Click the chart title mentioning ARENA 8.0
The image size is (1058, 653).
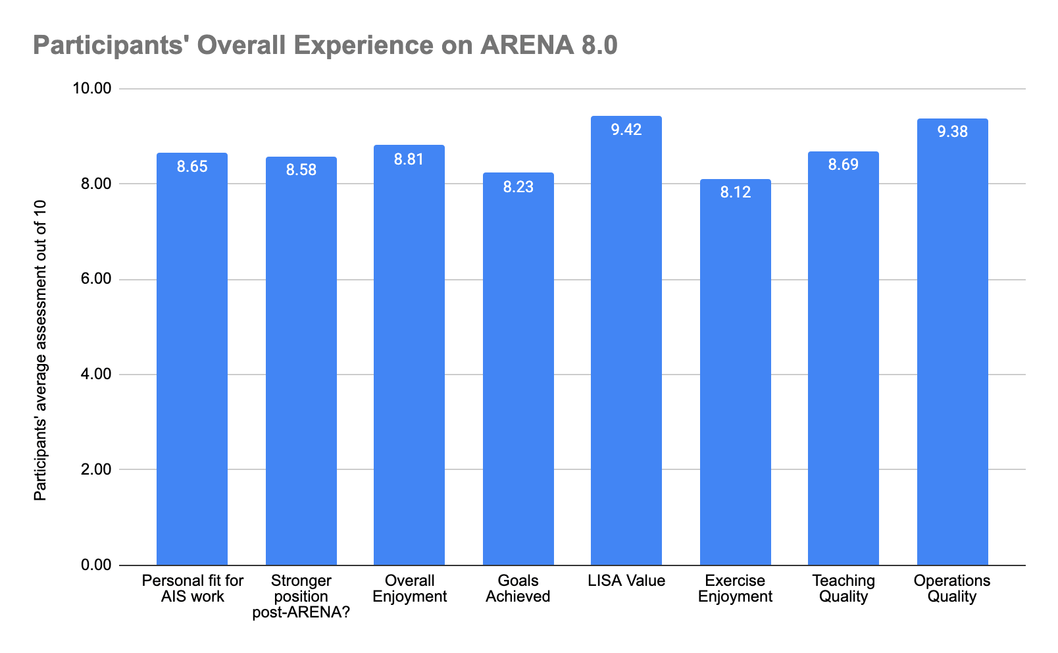click(325, 45)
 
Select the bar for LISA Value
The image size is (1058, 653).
click(626, 340)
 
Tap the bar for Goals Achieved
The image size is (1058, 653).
click(518, 369)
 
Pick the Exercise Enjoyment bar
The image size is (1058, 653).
click(736, 372)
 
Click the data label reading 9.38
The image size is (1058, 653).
click(952, 132)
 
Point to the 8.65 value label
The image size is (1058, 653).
click(192, 167)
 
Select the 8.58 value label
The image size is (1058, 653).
click(301, 170)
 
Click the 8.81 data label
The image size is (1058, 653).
click(409, 159)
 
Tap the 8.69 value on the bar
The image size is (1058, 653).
click(843, 165)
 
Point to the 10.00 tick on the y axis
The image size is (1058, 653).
click(91, 88)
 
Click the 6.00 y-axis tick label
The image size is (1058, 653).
click(96, 278)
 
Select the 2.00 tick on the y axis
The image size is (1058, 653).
click(96, 469)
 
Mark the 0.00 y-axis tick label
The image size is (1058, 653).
click(96, 565)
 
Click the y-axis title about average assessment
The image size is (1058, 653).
click(40, 350)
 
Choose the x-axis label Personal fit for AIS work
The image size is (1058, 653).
click(193, 588)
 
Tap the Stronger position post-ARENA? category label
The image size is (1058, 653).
click(301, 596)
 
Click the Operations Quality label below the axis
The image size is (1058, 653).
click(951, 588)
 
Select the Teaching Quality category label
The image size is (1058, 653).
click(844, 588)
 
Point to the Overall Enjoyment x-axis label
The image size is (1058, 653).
click(409, 588)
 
